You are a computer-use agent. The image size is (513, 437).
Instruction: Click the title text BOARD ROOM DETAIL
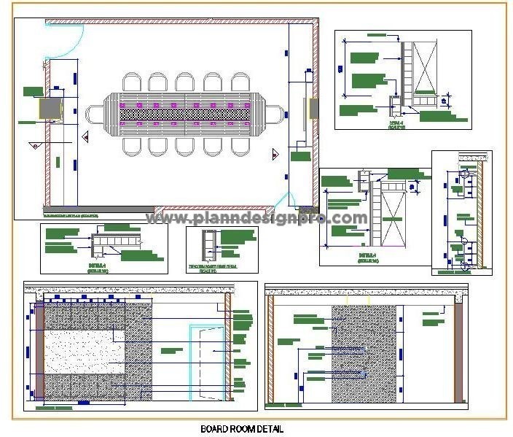[x=241, y=429]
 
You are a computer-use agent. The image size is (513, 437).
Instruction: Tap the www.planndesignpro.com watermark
[x=257, y=217]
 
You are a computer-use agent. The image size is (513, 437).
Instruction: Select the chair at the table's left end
[x=95, y=115]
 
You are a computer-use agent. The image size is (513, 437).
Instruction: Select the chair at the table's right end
[x=274, y=115]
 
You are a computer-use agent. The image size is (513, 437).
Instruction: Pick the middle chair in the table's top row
[x=184, y=82]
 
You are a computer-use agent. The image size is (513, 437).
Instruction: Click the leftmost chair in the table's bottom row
[x=133, y=145]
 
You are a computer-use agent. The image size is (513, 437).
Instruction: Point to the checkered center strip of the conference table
[x=184, y=115]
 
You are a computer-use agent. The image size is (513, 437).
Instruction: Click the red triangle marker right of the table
[x=275, y=154]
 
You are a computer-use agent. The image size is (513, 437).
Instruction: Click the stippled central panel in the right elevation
[x=364, y=354]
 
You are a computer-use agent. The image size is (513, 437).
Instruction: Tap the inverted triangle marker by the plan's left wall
[x=34, y=146]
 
